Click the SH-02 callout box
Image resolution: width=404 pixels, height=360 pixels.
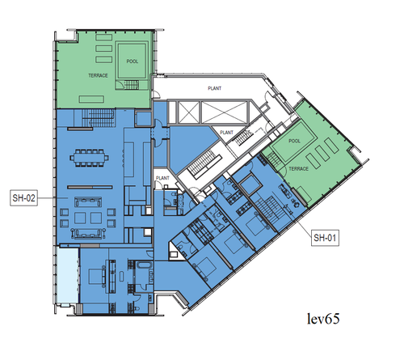pyautogui.click(x=23, y=198)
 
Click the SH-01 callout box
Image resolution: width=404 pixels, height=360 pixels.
pyautogui.click(x=325, y=238)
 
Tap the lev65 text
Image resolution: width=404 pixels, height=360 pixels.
pyautogui.click(x=323, y=319)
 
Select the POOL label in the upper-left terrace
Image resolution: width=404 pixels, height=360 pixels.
pyautogui.click(x=133, y=61)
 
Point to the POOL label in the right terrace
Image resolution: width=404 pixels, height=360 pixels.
pyautogui.click(x=294, y=141)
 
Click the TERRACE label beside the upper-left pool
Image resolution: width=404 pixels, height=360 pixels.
pyautogui.click(x=98, y=75)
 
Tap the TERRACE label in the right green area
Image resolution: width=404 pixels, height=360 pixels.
pyautogui.click(x=299, y=169)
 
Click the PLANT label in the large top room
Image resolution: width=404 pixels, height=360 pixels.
pyautogui.click(x=215, y=88)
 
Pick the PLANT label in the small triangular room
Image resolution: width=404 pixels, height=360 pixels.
pyautogui.click(x=226, y=133)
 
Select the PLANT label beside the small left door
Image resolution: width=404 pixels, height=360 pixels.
pyautogui.click(x=162, y=178)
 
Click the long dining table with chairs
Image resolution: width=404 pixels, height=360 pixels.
pyautogui.click(x=90, y=157)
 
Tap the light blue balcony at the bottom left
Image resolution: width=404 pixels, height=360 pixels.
pyautogui.click(x=69, y=275)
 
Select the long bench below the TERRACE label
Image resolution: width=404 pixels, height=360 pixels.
pyautogui.click(x=91, y=99)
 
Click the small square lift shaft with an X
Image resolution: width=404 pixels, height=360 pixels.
pyautogui.click(x=188, y=112)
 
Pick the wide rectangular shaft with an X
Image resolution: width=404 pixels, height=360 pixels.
pyautogui.click(x=225, y=112)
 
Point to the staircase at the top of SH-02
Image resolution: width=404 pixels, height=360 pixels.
pyautogui.click(x=99, y=117)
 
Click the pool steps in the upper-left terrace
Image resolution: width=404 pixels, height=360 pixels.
pyautogui.click(x=132, y=85)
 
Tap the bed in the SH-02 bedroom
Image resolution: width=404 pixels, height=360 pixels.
pyautogui.click(x=96, y=276)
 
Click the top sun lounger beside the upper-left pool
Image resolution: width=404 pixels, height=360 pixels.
pyautogui.click(x=104, y=37)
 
